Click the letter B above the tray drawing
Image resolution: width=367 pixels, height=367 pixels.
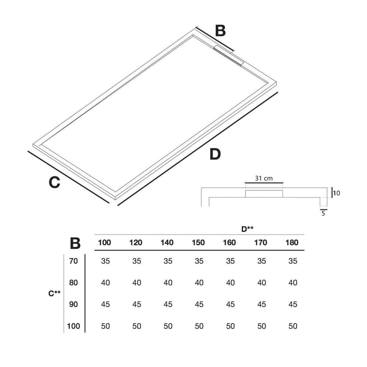(x=221, y=31)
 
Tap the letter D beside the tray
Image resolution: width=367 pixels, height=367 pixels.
(x=215, y=155)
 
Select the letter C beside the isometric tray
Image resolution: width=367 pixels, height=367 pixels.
(x=55, y=182)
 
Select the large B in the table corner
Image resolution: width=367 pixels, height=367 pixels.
(x=75, y=243)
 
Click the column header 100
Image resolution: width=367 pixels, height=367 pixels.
(x=105, y=243)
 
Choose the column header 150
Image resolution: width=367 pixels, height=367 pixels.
(x=199, y=243)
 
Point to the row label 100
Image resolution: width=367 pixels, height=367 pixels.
(x=73, y=326)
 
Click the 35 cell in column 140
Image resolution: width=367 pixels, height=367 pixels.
(x=167, y=261)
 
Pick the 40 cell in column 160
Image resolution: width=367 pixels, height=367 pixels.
(x=230, y=283)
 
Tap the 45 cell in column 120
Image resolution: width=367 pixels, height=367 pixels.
(x=137, y=305)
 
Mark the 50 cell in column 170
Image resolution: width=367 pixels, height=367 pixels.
(x=261, y=326)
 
